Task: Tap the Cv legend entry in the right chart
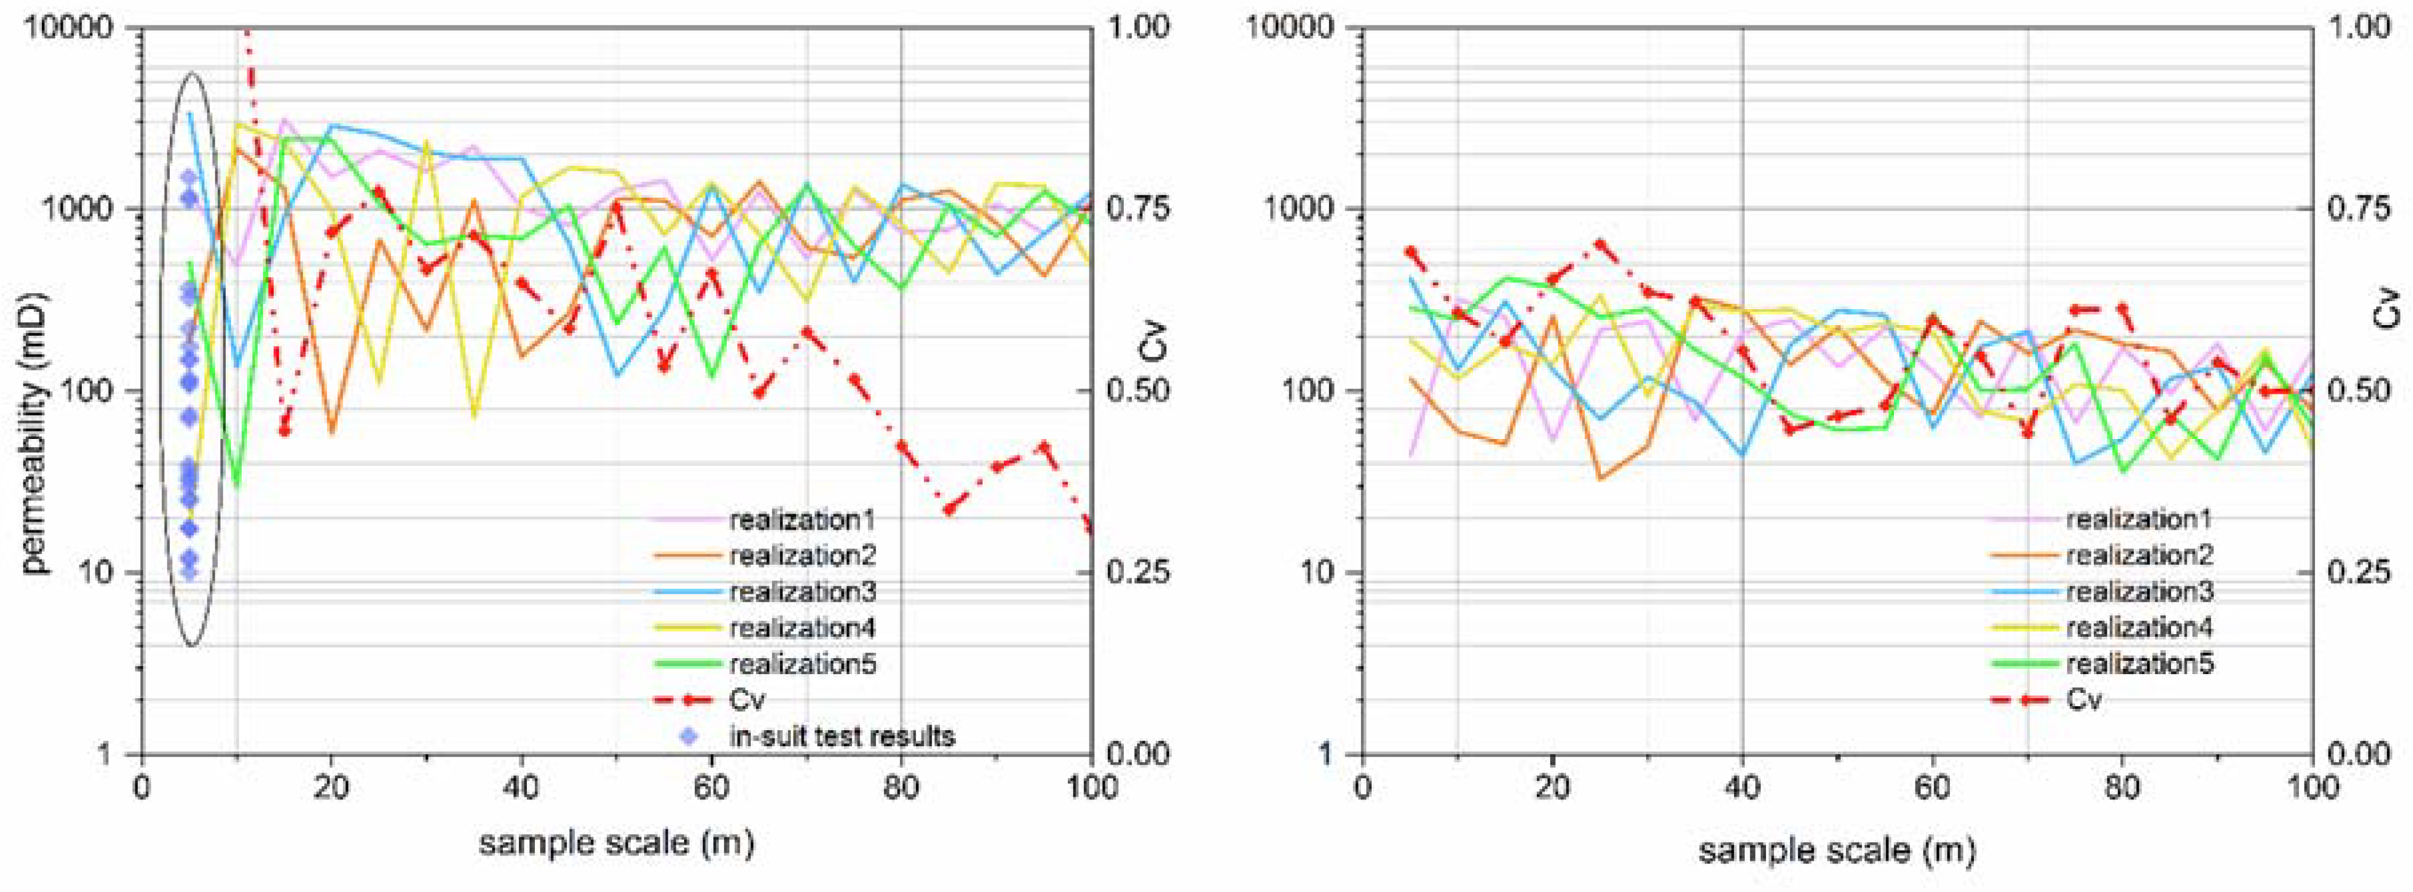[2083, 700]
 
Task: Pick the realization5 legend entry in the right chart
[2139, 664]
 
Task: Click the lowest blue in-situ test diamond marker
[189, 571]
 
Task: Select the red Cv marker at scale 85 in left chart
[950, 510]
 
